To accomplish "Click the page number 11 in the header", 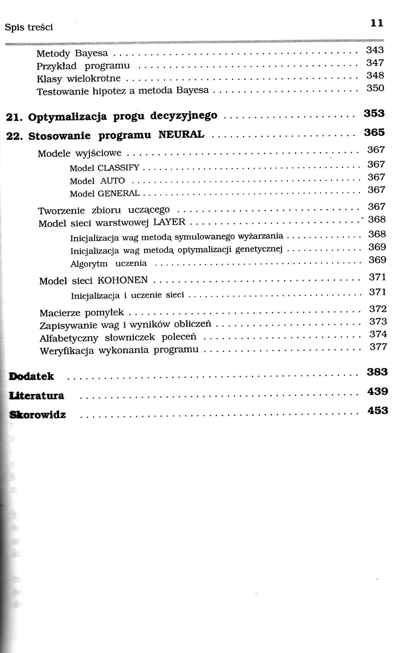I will (377, 23).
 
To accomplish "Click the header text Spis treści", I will (29, 27).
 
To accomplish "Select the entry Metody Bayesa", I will (72, 53).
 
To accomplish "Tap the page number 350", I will (375, 88).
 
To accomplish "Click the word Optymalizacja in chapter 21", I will (68, 117).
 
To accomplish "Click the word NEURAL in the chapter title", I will (181, 135).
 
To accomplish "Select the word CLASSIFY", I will (118, 168).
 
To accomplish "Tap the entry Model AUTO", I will (97, 181).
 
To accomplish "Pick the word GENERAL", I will (119, 193).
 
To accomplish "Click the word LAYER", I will (170, 222).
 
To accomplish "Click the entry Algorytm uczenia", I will (108, 264).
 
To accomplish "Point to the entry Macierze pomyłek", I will (82, 312).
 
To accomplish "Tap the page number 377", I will (378, 347).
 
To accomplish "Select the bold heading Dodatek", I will (32, 376).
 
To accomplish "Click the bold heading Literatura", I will (37, 395).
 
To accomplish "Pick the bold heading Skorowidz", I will (38, 415).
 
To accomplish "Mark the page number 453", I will (378, 410).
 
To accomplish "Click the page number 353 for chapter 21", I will (374, 113).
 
